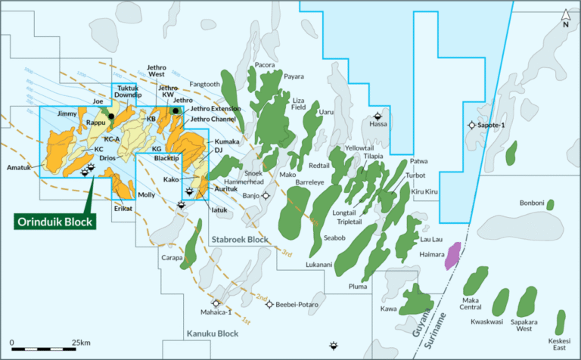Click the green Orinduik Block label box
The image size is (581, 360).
click(x=57, y=222)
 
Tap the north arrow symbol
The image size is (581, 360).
click(x=565, y=16)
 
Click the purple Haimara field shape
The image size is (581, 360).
click(x=453, y=255)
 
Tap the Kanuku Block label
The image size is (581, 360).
click(x=212, y=334)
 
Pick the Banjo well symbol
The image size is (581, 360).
click(x=266, y=195)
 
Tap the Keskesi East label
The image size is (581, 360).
click(x=560, y=343)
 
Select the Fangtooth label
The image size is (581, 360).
click(x=204, y=84)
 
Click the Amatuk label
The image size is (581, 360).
click(x=19, y=167)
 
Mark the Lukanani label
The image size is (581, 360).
click(x=319, y=265)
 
